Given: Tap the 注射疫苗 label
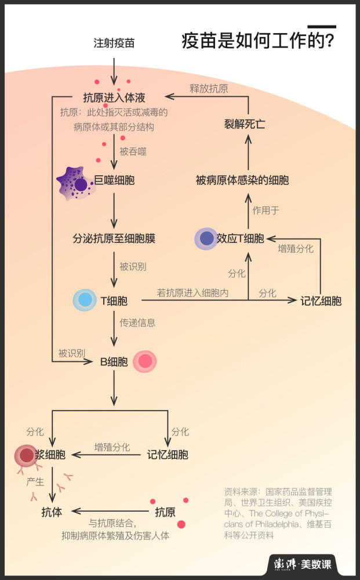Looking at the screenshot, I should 114,43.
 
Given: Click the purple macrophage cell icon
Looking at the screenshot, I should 76,183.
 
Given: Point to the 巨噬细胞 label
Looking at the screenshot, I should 115,180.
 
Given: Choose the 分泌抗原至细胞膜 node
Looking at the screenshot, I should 114,238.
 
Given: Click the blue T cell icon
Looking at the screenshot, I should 85,300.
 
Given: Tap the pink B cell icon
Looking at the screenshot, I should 144,361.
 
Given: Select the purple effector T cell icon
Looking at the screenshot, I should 206,238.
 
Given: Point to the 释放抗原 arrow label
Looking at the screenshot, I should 209,89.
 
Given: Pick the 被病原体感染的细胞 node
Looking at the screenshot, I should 242,180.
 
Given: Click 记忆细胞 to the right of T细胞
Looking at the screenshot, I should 321,301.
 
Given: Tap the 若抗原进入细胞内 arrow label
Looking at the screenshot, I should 193,293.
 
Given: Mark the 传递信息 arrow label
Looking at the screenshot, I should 137,322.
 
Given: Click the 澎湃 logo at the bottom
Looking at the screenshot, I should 289,564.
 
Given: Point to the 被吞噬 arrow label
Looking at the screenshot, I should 133,152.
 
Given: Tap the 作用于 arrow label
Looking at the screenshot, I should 266,210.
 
